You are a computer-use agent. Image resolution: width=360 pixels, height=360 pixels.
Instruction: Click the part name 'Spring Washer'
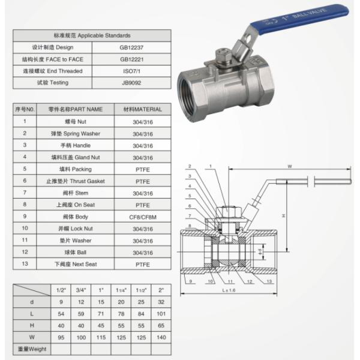click(71, 133)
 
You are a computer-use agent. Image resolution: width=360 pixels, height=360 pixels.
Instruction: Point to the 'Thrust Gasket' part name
click(71, 180)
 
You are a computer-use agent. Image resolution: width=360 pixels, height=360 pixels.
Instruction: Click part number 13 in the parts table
click(25, 263)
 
